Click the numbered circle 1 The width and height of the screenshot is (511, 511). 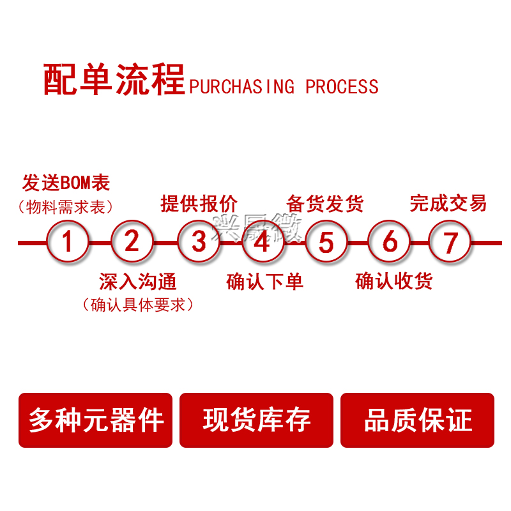[x=68, y=242]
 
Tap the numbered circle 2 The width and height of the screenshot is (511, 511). [x=132, y=242]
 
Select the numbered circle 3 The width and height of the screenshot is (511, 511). [x=198, y=242]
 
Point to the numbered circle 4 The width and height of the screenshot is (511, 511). [x=262, y=242]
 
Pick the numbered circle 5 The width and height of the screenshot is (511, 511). [x=326, y=242]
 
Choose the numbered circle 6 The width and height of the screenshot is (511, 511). [x=390, y=242]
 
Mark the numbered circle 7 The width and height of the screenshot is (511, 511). [x=450, y=242]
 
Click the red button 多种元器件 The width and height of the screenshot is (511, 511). [x=96, y=420]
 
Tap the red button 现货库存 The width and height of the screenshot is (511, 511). [x=256, y=420]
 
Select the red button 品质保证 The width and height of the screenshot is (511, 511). [x=417, y=420]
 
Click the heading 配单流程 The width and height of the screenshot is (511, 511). [x=114, y=80]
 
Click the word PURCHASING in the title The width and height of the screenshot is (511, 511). [x=242, y=86]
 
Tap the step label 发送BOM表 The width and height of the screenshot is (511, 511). [x=66, y=183]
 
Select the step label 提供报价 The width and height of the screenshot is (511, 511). [x=199, y=204]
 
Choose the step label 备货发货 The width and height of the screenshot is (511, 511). [x=325, y=204]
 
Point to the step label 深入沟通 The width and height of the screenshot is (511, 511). [x=137, y=282]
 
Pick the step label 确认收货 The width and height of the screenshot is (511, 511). [x=393, y=282]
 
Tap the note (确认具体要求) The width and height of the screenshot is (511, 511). [x=137, y=305]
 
